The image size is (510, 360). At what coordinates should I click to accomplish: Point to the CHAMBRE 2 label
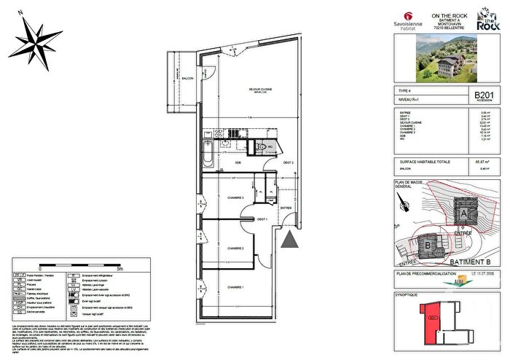pos(232,248)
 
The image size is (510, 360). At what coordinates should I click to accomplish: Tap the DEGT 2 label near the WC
pos(289,163)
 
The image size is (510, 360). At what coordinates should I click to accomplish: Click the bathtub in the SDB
pos(208,154)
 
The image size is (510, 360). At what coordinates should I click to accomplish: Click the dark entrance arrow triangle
pos(291,240)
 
